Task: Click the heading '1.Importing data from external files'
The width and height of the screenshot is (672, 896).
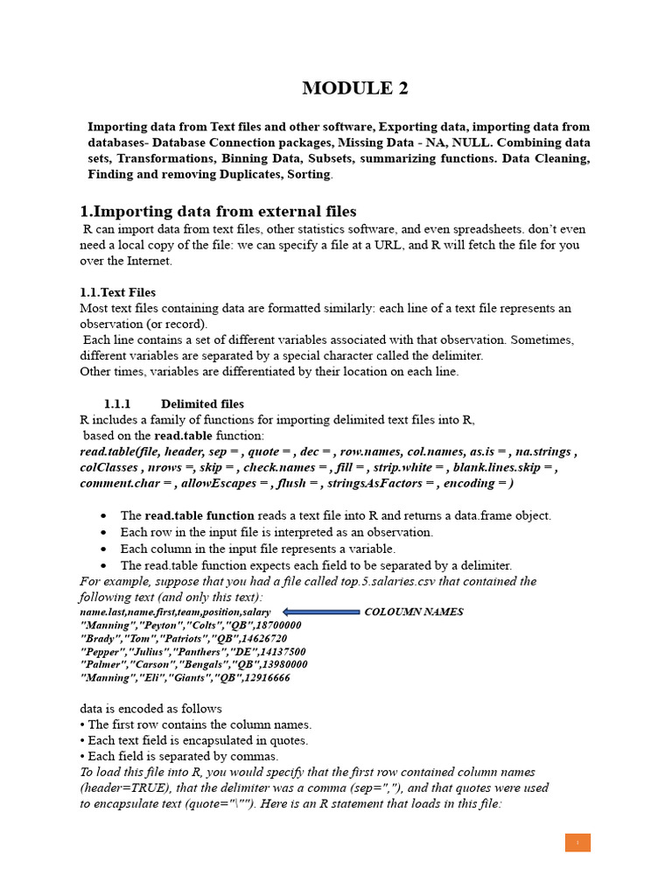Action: (x=218, y=211)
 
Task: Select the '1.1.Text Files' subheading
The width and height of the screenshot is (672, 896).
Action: (x=117, y=292)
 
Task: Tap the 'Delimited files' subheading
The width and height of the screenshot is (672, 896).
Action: (x=202, y=404)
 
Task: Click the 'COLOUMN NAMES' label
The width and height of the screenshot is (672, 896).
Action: (x=413, y=612)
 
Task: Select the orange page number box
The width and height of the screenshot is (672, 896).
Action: (x=577, y=843)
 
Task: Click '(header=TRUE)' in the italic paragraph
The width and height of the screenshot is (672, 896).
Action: (x=119, y=787)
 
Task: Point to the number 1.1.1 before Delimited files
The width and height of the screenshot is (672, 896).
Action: (x=117, y=404)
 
